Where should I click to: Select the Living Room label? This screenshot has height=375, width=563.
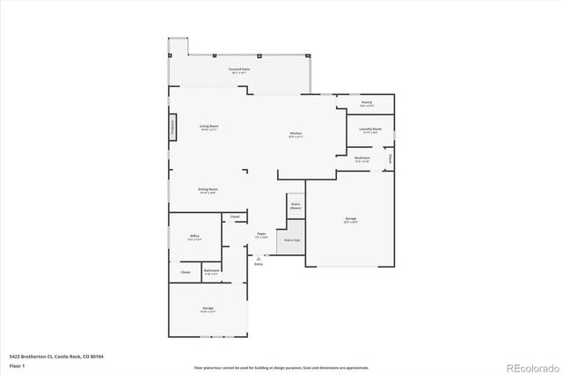208,127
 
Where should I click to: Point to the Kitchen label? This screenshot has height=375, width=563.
296,134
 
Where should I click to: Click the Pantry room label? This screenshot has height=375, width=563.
366,103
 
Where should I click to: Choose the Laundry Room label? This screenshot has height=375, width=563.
370,129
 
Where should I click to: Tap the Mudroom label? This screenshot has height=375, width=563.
362,159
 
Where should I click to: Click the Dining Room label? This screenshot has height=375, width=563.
208,189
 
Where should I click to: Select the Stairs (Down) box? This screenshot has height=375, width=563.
296,206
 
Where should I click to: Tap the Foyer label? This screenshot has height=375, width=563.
261,235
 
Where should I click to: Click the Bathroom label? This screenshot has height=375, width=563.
212,271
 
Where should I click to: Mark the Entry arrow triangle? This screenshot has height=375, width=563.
259,257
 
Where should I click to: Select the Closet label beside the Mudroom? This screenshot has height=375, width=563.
390,158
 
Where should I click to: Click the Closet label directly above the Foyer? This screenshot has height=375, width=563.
235,217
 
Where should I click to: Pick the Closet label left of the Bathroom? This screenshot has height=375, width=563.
186,272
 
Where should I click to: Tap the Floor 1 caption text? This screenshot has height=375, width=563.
17,364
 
